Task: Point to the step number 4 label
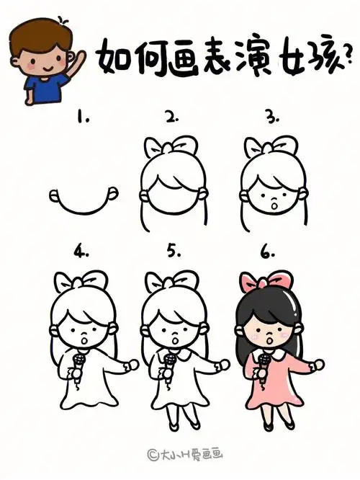[81, 252]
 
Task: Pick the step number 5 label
[173, 252]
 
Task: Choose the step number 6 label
[269, 252]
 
